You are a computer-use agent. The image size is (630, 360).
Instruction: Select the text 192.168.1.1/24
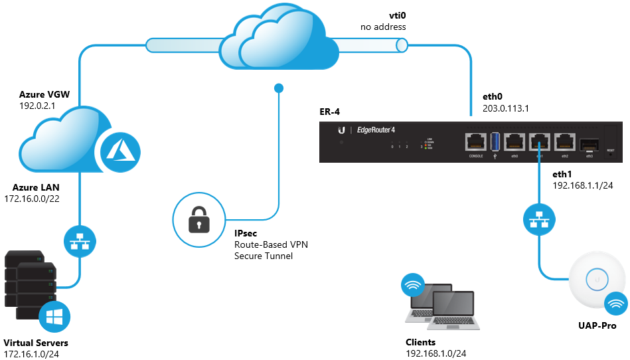[584, 187]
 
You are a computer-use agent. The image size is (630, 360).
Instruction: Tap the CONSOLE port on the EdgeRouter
[476, 141]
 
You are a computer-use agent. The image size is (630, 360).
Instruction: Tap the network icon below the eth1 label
[539, 221]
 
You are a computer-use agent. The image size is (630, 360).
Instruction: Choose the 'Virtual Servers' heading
[36, 343]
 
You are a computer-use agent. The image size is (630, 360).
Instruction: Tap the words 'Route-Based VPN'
[271, 244]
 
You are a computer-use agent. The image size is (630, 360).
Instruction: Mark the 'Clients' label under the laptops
[421, 343]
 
